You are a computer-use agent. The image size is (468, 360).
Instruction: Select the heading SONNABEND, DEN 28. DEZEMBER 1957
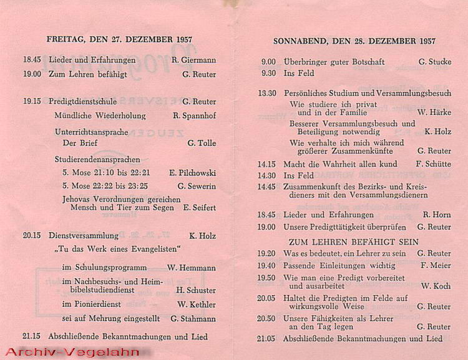354,41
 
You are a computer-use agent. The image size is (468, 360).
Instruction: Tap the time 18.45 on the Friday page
32,60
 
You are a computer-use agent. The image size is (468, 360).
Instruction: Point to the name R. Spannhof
194,115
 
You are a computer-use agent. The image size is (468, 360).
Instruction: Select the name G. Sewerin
197,186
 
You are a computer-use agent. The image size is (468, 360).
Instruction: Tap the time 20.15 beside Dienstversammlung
32,236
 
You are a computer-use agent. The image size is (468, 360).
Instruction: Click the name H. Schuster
196,290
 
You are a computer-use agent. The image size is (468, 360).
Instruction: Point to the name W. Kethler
197,304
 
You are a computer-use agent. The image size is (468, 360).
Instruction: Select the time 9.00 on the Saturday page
268,62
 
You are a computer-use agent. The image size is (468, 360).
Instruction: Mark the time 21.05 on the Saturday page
266,339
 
